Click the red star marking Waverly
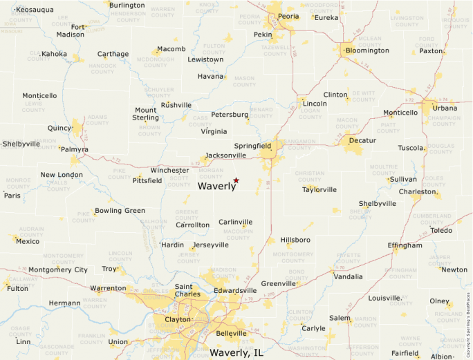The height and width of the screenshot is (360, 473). click(x=236, y=180)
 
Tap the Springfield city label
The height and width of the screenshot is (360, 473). click(x=254, y=146)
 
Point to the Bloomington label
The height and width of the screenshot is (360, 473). click(x=367, y=50)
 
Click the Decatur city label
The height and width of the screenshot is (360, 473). click(x=362, y=140)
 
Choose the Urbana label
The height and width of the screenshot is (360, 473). click(x=445, y=108)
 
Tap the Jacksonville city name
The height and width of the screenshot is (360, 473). click(x=225, y=155)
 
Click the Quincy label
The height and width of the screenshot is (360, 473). click(x=59, y=128)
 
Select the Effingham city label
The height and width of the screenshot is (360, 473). click(x=405, y=245)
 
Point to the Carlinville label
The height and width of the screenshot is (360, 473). click(x=236, y=222)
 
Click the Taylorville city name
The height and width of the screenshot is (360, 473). click(x=319, y=189)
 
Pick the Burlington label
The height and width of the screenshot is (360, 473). click(x=127, y=6)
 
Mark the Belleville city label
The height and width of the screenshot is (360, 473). click(x=231, y=333)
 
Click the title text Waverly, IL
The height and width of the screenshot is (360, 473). click(x=236, y=352)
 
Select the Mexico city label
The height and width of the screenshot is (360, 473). click(x=28, y=241)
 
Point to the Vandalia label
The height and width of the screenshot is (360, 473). click(x=348, y=277)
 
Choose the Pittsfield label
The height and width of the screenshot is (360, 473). click(x=147, y=180)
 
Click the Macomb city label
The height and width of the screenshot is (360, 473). click(x=171, y=49)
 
